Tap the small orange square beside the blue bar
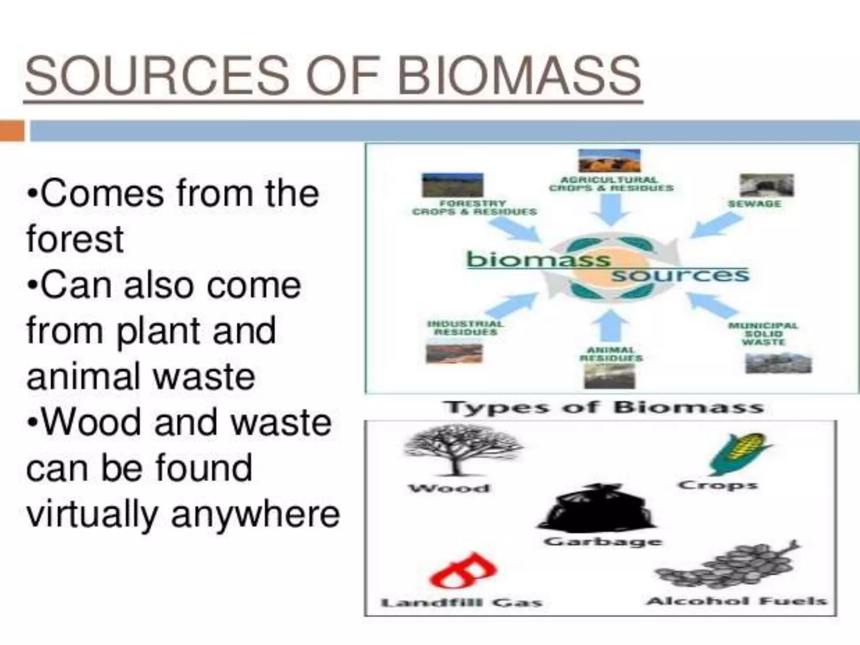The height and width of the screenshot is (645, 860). coord(12,131)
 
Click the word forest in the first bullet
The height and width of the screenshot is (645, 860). coord(75,239)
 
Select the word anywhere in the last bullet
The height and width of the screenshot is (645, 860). coord(255,514)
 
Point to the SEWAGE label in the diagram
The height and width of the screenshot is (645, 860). coord(755,204)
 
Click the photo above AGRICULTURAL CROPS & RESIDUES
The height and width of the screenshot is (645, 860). coord(609,160)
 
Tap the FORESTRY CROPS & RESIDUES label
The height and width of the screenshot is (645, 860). coord(475,207)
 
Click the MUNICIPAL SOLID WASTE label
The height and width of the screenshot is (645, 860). coord(763,333)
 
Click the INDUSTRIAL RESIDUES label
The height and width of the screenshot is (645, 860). coord(465,328)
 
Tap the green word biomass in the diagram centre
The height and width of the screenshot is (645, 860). coord(538,259)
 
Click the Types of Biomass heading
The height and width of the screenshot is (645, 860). coord(604,407)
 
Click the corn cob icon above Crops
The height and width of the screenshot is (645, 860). coord(739,454)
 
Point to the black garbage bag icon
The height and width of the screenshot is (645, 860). coord(596,508)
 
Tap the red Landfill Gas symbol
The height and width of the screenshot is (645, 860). coord(463,571)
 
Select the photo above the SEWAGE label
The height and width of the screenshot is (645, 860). coord(767,185)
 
